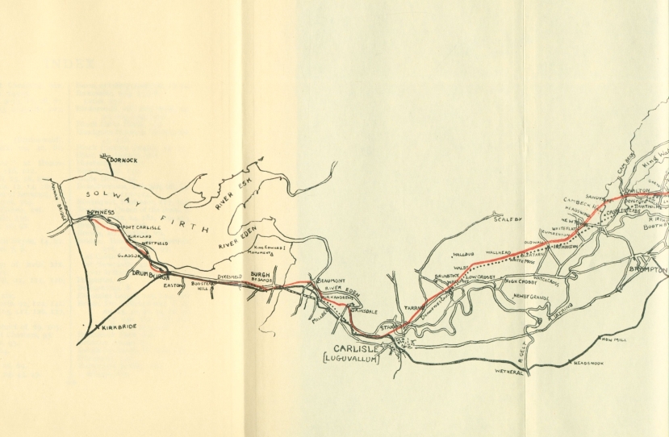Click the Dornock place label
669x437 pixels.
coord(123,160)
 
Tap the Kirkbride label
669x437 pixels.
coord(113,328)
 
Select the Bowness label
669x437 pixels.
coord(101,213)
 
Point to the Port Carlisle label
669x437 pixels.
coord(141,228)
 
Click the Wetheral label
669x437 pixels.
coord(508,372)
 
